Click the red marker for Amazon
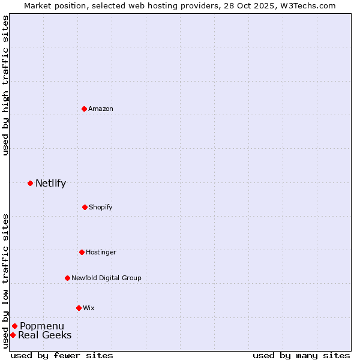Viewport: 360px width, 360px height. coord(85,109)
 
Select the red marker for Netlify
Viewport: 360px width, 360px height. coord(30,183)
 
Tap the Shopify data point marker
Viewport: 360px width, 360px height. coord(85,207)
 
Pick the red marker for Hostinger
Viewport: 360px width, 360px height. coord(82,252)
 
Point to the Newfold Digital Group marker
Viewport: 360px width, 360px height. coord(67,278)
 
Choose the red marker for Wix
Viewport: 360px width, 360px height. coord(79,308)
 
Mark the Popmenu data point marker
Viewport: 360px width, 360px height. coord(14,326)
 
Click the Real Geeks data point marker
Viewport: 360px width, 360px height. coord(13,335)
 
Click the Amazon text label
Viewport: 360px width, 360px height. coord(101,109)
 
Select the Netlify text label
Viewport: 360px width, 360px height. coord(50,183)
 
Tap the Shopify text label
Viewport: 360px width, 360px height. coord(101,207)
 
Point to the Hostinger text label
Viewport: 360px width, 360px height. coord(101,252)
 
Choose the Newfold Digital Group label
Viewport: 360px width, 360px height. coord(106,278)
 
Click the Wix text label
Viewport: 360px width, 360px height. coord(89,308)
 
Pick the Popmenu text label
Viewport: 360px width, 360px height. coord(42,326)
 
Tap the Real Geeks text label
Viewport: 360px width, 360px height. coord(45,335)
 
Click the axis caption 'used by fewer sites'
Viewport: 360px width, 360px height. coord(62,355)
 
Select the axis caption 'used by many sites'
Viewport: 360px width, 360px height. coord(301,355)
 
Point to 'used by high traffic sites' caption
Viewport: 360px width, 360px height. coord(5,86)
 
